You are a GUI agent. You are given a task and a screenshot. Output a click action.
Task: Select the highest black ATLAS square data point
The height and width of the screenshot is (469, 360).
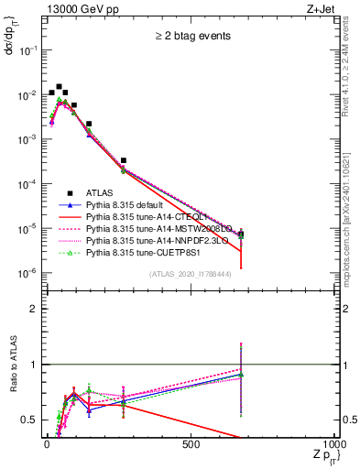59,87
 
